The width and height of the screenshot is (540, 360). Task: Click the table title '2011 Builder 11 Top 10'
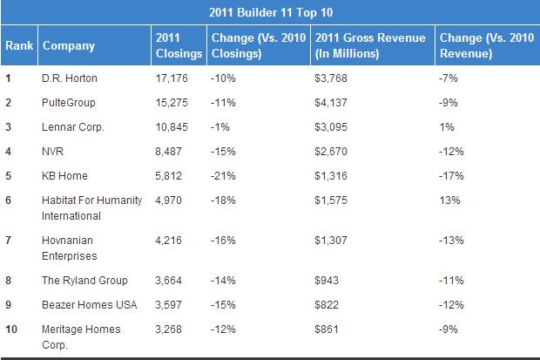[271, 12]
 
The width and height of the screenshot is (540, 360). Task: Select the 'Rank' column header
[19, 45]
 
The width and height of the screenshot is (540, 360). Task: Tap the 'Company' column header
[69, 45]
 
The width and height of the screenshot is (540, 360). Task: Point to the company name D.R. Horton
[70, 78]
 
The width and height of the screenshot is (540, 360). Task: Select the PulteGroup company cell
[69, 103]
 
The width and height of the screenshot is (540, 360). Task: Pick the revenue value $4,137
[330, 103]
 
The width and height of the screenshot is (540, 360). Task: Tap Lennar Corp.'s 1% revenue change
[448, 127]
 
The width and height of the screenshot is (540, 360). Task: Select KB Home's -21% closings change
[224, 176]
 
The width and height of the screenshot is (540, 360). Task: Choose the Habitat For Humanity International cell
[91, 207]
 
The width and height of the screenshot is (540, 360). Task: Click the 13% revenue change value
[450, 200]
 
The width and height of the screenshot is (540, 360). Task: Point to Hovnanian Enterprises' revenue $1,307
[330, 241]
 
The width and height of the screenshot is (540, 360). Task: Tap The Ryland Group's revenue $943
[325, 281]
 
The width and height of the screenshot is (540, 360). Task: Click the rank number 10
[12, 329]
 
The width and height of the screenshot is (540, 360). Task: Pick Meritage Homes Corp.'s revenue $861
[325, 329]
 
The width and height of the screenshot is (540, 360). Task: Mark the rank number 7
[9, 241]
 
